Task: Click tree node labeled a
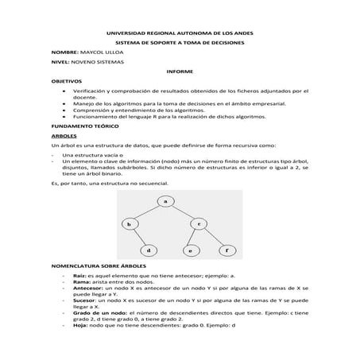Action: coord(165,201)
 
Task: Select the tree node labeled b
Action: coord(129,225)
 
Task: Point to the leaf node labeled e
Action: coord(189,251)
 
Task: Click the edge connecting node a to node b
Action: coord(146,213)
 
